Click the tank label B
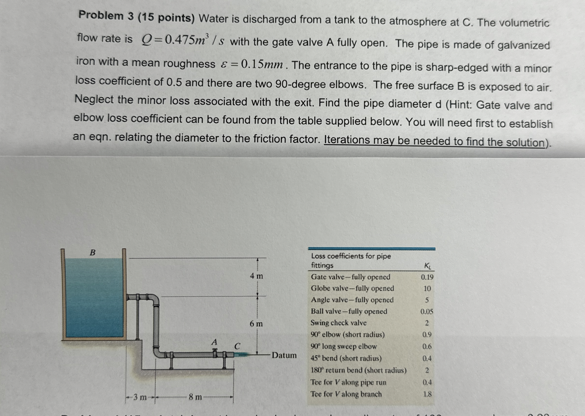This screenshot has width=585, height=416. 93,253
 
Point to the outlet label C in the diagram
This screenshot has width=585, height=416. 237,346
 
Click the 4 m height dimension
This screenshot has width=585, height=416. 256,276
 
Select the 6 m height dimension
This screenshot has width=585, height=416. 256,324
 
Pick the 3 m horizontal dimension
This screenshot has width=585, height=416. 140,397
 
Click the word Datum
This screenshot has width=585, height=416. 284,355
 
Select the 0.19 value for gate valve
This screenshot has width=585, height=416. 427,277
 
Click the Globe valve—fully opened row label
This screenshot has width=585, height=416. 352,288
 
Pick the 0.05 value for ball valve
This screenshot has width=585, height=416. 427,312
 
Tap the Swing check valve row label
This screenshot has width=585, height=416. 338,323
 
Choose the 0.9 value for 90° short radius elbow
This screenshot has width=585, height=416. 427,334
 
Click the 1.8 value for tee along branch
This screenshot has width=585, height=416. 427,394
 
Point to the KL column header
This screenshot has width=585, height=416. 428,266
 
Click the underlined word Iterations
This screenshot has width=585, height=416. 347,140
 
